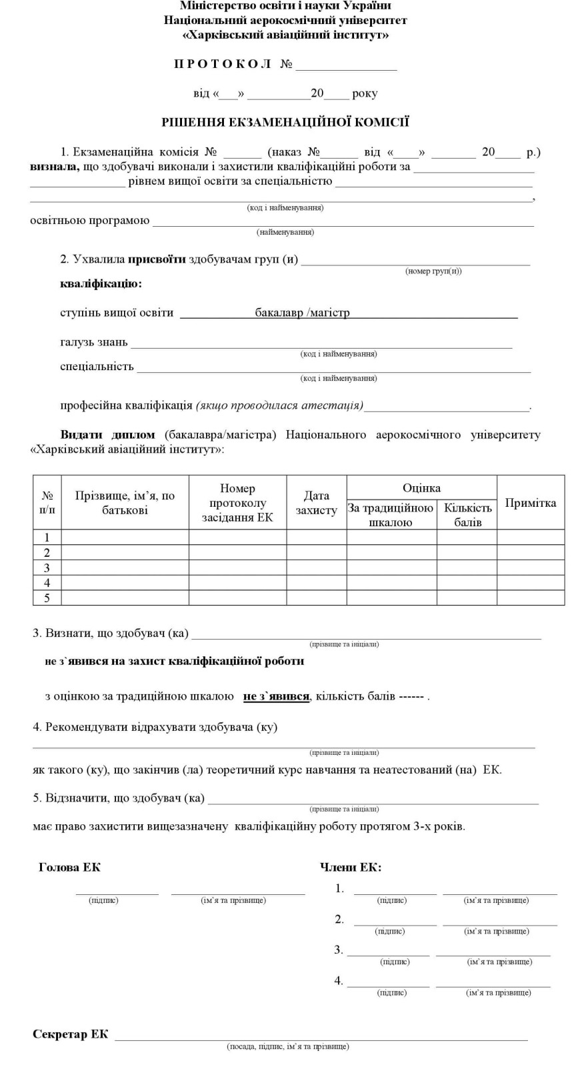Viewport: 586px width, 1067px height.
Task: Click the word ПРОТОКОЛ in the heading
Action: tap(223, 64)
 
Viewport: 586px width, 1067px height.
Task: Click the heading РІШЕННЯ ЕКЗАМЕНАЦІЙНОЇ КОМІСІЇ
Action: tap(285, 122)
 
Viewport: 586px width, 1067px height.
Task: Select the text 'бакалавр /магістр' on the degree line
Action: tap(302, 313)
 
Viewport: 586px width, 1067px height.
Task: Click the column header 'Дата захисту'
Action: tap(317, 503)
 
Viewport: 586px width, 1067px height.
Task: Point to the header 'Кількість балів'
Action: tap(467, 515)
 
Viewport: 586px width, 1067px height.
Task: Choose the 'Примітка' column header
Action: tap(530, 503)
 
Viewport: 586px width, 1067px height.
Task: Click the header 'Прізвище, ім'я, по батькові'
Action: tap(125, 503)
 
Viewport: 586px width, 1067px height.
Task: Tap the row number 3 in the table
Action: tap(47, 568)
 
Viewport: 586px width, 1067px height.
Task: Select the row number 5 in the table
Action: tap(47, 598)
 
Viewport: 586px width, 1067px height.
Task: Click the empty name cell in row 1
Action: tap(125, 538)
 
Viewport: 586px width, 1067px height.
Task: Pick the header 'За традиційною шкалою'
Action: tap(391, 515)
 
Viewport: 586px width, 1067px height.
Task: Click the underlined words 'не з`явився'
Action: tap(276, 697)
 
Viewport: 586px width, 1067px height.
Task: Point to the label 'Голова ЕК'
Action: tap(69, 868)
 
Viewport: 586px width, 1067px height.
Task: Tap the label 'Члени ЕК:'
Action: tap(351, 868)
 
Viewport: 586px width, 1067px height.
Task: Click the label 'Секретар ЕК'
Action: tap(70, 1034)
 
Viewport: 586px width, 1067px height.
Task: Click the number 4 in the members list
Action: tap(339, 980)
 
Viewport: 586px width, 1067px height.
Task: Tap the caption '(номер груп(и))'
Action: tap(433, 271)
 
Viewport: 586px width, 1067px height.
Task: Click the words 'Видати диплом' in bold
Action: tap(107, 435)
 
